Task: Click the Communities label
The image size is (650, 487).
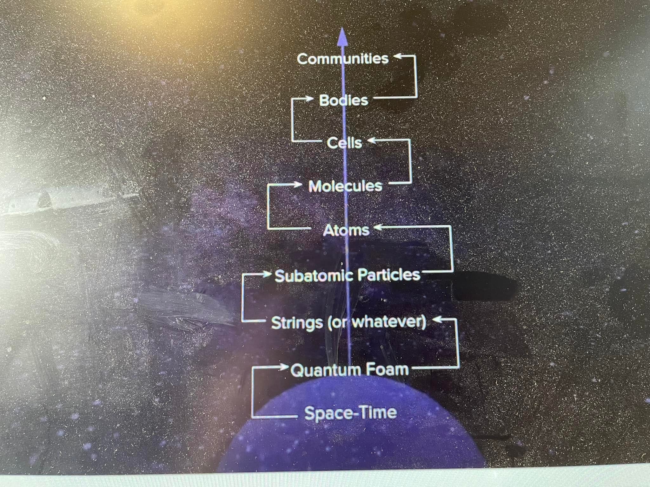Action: click(342, 59)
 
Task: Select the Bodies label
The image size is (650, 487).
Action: click(343, 100)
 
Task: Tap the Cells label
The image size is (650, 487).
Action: click(344, 143)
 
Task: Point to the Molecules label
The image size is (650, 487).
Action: click(345, 186)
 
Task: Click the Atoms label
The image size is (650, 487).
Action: click(346, 230)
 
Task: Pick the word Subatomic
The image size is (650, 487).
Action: click(310, 276)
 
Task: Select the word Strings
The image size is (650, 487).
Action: click(297, 323)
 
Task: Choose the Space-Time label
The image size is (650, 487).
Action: click(351, 413)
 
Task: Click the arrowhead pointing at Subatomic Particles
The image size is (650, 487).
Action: click(267, 274)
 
